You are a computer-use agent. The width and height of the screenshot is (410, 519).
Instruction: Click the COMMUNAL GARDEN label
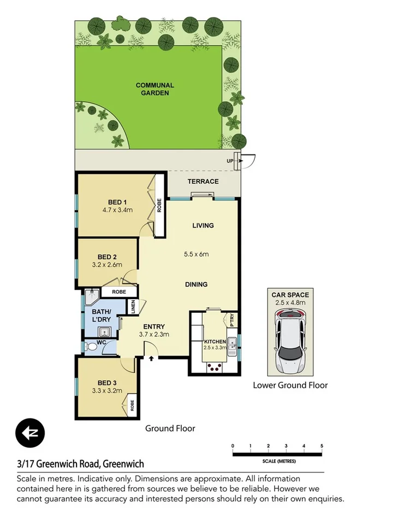click(x=155, y=89)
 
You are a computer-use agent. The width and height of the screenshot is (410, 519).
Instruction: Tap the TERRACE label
click(x=203, y=182)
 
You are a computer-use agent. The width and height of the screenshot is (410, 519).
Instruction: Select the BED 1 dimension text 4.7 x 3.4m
click(x=117, y=209)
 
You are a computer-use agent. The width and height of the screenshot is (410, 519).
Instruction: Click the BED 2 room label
click(x=108, y=256)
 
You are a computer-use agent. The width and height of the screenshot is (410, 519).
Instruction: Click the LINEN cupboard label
click(x=133, y=307)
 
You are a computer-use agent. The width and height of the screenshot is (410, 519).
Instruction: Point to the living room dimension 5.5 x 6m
click(x=196, y=254)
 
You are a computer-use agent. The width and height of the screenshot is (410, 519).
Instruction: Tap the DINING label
click(x=196, y=284)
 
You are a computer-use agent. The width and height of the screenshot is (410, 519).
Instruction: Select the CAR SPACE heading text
click(x=290, y=295)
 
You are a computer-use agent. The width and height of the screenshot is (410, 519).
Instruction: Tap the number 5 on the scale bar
click(x=322, y=446)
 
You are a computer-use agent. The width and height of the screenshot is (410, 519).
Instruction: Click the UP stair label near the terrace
click(x=230, y=161)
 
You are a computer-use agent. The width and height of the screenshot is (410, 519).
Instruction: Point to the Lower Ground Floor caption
click(x=290, y=385)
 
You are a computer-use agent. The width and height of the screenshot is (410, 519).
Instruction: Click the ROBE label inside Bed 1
click(x=159, y=206)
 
